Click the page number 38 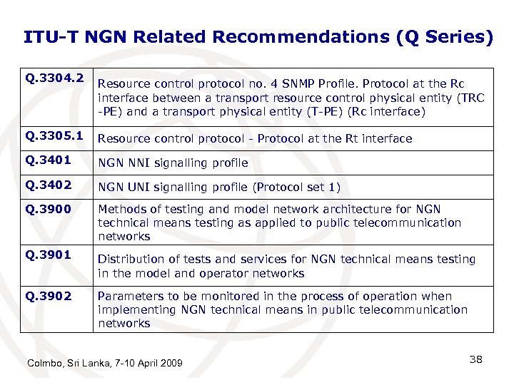coord(476,359)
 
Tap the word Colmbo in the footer coord(44,364)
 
